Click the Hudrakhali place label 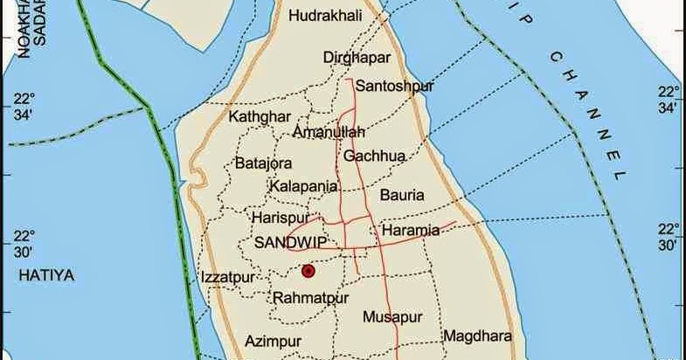point(324,16)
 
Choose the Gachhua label point(374,156)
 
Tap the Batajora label point(263,163)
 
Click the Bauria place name point(402,195)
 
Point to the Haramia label point(411,232)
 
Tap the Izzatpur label point(227,277)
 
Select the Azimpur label point(274,341)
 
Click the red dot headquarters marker point(308,271)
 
